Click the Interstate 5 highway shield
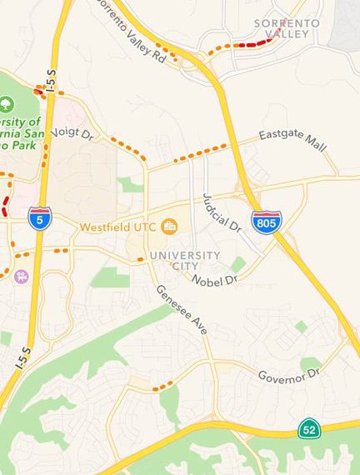coord(38,218)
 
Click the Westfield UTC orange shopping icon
coord(170,226)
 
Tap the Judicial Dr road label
coord(220,212)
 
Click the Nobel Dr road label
coord(215,281)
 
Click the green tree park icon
coord(7,105)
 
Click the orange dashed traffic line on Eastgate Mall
coord(200,153)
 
